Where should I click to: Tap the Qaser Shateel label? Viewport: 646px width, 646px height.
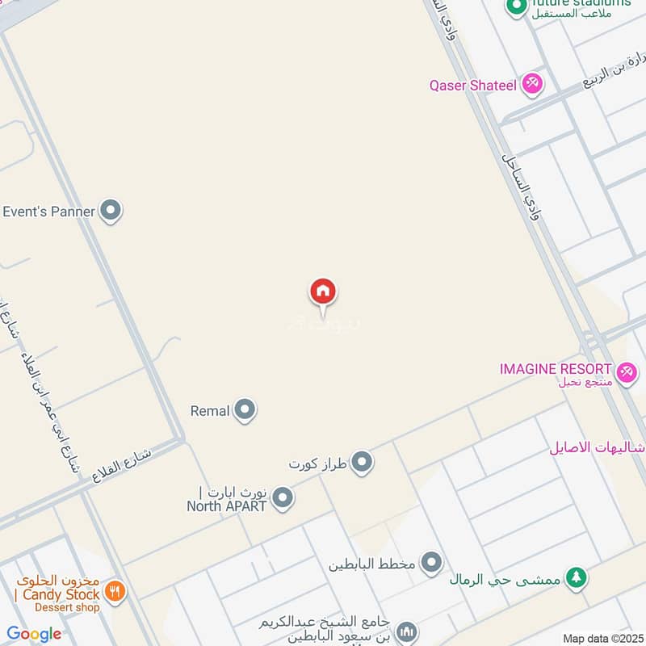472,85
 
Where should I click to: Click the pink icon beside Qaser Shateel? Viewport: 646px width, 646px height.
531,83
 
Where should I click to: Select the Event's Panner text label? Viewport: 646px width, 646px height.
48,212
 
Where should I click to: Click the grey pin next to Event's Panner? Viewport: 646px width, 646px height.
111,212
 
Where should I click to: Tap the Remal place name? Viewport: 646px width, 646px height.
210,410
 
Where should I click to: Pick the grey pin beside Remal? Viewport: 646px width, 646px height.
245,410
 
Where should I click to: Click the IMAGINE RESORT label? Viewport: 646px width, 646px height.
556,369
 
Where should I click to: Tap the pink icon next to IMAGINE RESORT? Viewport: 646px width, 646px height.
625,372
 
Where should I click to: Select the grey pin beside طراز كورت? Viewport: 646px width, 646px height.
363,463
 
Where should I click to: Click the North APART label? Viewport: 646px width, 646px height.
227,506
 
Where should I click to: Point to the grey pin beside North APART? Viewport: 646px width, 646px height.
282,498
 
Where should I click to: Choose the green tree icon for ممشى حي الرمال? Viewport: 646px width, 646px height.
575,577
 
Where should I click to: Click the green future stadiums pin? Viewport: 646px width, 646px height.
516,6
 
